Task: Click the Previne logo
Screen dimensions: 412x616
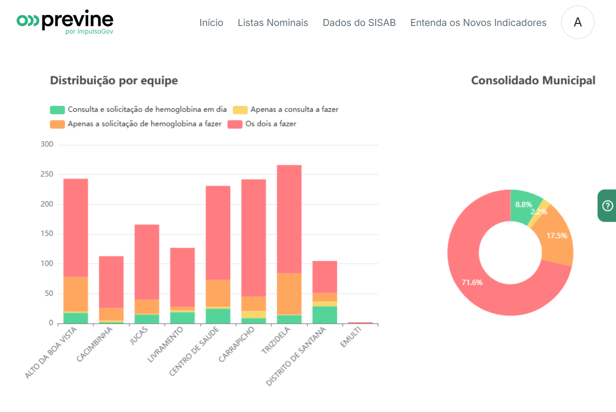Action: (x=65, y=21)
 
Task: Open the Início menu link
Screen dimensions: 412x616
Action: (x=211, y=22)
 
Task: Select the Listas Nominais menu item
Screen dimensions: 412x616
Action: (x=273, y=22)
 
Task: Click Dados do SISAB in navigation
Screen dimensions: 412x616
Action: (x=359, y=22)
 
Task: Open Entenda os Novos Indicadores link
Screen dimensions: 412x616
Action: (x=478, y=22)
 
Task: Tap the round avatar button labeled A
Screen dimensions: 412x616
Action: (x=578, y=22)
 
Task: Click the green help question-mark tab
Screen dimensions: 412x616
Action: (x=608, y=206)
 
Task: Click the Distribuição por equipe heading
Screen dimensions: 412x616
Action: (x=114, y=80)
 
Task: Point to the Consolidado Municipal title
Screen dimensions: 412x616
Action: (x=533, y=80)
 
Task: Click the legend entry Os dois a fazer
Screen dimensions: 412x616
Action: (x=270, y=124)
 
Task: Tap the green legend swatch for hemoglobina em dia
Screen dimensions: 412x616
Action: (x=57, y=110)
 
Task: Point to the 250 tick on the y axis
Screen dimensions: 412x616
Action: (x=47, y=174)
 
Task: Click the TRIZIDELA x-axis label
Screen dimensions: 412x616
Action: (x=276, y=341)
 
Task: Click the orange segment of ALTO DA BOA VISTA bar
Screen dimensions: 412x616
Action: (x=75, y=294)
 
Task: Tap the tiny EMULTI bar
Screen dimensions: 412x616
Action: (x=360, y=323)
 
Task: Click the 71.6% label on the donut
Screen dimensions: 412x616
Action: (x=472, y=282)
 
